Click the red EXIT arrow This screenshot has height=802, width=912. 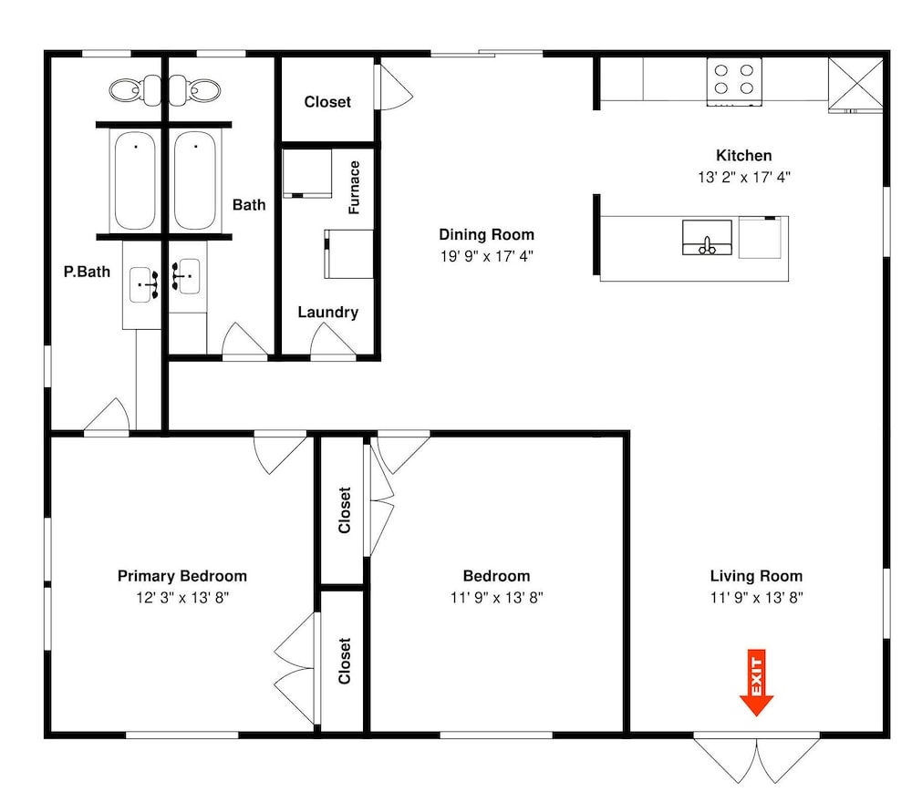click(x=756, y=683)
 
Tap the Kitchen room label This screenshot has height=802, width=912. click(x=744, y=156)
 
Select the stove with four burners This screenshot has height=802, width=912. click(x=734, y=82)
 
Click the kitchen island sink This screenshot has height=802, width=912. click(x=707, y=237)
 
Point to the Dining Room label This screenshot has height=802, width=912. click(x=486, y=235)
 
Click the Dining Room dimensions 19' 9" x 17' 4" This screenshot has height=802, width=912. click(x=486, y=256)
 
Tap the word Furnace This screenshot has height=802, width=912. click(x=354, y=188)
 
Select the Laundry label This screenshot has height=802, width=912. click(x=328, y=312)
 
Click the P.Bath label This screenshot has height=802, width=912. click(x=87, y=272)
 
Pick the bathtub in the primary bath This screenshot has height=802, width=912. click(x=135, y=180)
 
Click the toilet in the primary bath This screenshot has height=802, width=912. click(x=136, y=90)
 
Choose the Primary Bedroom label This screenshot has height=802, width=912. click(x=182, y=576)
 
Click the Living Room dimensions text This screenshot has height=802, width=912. click(x=756, y=598)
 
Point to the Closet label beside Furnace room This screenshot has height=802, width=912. click(x=327, y=102)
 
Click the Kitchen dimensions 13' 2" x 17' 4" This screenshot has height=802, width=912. click(x=744, y=177)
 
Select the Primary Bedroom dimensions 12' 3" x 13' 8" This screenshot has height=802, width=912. click(x=182, y=598)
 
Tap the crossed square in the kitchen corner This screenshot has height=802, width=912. click(x=855, y=83)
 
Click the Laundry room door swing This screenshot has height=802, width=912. click(x=333, y=341)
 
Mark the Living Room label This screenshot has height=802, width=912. click(x=756, y=576)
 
